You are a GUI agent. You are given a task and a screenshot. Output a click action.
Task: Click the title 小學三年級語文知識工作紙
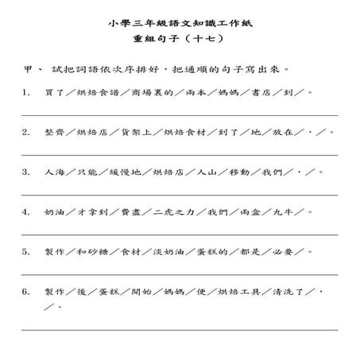(179, 24)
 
